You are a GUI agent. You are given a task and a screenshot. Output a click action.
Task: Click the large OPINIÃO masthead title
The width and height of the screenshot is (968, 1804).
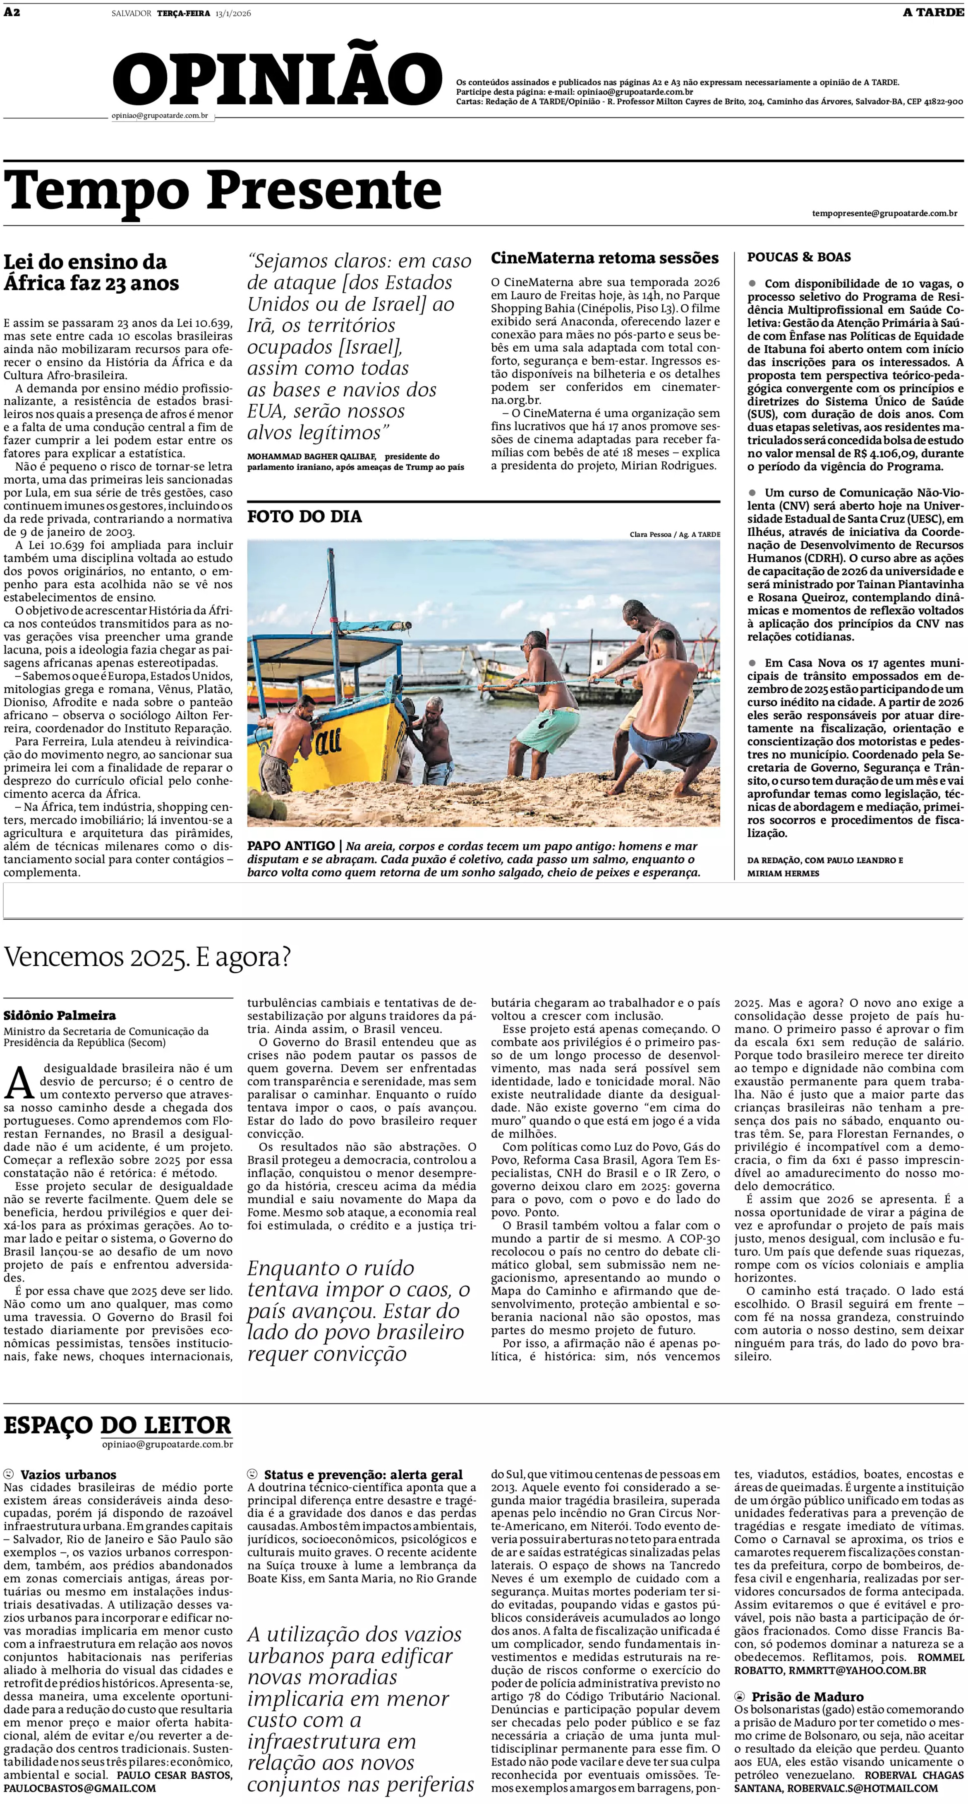click(277, 79)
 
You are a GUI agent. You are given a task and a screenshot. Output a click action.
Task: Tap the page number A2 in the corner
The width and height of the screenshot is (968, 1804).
click(12, 12)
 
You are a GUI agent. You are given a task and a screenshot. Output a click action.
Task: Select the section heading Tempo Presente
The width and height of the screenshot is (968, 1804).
click(223, 190)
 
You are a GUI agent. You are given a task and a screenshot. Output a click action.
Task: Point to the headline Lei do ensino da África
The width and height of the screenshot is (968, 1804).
click(91, 273)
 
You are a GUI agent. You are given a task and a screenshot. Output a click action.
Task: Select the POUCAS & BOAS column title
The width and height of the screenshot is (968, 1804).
click(798, 257)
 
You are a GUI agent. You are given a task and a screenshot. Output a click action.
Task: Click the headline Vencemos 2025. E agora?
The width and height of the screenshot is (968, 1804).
click(147, 957)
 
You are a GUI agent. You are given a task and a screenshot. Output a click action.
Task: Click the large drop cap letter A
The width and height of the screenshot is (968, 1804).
click(19, 1084)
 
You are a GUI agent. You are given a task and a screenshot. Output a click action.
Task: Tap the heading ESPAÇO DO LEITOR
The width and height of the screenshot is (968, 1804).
click(117, 1425)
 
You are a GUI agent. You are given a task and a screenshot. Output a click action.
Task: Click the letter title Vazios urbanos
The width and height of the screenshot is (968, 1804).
click(68, 1475)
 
